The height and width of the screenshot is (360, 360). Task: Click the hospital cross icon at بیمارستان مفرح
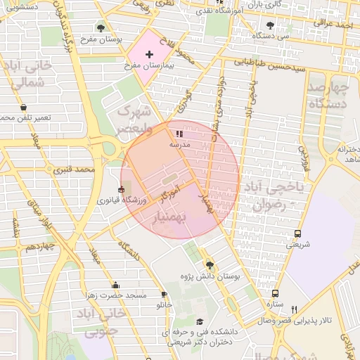pos(148,54)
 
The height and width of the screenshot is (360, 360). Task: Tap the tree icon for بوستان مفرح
pos(101,29)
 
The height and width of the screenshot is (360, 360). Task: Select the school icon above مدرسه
pos(179,133)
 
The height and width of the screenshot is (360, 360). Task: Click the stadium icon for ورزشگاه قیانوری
pos(121,190)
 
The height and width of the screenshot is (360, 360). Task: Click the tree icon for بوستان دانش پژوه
pos(209,265)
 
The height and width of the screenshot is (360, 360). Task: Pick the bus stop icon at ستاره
pos(274,293)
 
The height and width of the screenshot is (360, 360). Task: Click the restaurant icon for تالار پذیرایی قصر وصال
pos(294,309)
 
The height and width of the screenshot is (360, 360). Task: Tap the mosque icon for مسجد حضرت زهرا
pos(115,285)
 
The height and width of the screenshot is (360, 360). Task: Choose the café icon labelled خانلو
pos(164,295)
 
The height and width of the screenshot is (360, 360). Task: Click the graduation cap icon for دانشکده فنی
pos(200,320)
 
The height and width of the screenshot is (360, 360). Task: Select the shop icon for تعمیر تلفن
pos(24,108)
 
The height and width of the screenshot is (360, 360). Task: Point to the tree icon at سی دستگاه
pos(270,25)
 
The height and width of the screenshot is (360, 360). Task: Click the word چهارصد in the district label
pos(329,88)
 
